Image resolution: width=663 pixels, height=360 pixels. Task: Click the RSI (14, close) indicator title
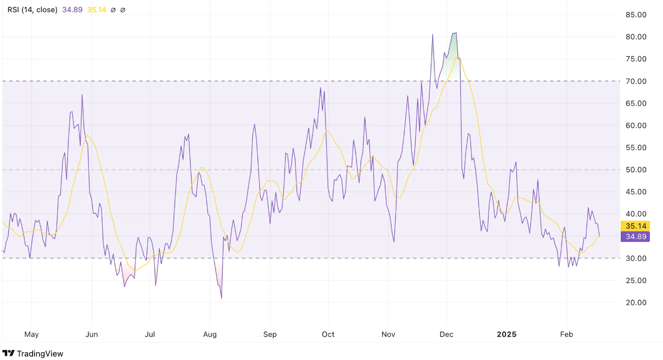tap(32, 10)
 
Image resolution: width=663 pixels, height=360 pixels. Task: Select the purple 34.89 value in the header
tap(72, 10)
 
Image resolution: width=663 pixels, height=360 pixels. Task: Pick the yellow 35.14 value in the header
tap(96, 10)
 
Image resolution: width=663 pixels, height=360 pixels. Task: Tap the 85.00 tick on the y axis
tap(635, 15)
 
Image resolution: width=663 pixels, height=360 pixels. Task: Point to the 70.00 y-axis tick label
tap(635, 81)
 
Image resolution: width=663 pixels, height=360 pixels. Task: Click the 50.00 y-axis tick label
tap(635, 170)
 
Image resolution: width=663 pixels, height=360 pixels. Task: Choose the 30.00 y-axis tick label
tap(635, 258)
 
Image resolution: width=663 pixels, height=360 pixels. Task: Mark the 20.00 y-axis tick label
tap(635, 302)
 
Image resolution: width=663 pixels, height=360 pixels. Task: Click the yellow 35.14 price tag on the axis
tap(635, 226)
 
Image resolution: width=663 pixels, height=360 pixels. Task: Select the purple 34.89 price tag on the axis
tap(635, 237)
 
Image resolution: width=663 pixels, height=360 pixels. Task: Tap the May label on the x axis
tap(31, 334)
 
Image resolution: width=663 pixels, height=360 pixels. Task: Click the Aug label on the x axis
tap(210, 334)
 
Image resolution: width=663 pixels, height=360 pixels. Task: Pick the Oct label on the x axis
tap(329, 334)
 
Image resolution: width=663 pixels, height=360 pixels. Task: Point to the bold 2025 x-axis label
tap(506, 334)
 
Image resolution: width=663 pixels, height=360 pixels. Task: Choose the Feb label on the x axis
tap(567, 334)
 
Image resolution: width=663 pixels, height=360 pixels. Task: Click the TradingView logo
tap(33, 354)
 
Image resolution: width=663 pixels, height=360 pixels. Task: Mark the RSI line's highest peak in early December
tap(456, 33)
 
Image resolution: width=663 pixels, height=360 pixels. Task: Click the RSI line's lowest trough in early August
tap(221, 298)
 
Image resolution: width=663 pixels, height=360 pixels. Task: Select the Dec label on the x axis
tap(446, 334)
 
